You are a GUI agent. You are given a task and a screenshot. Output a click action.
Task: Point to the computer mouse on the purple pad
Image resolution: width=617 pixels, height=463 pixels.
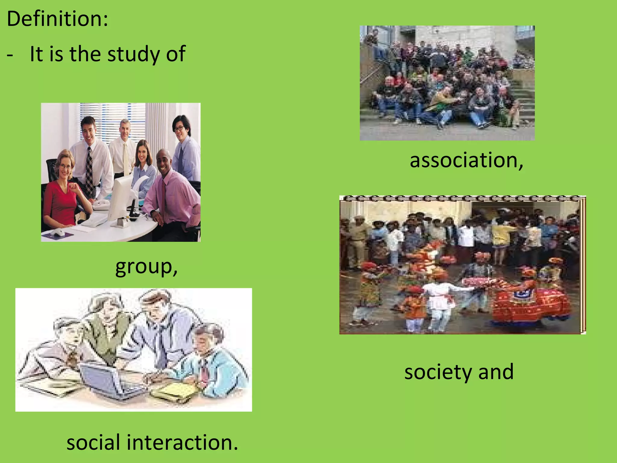coord(58,232)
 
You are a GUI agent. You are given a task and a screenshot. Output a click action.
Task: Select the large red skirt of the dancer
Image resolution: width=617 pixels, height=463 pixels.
coord(530,304)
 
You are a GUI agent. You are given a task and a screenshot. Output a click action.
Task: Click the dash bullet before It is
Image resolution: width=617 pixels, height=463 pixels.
coord(10,55)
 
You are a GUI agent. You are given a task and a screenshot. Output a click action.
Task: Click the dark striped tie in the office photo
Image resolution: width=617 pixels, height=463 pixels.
coord(89,172)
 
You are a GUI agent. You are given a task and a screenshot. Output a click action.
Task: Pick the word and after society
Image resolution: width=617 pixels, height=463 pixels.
coord(496,372)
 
